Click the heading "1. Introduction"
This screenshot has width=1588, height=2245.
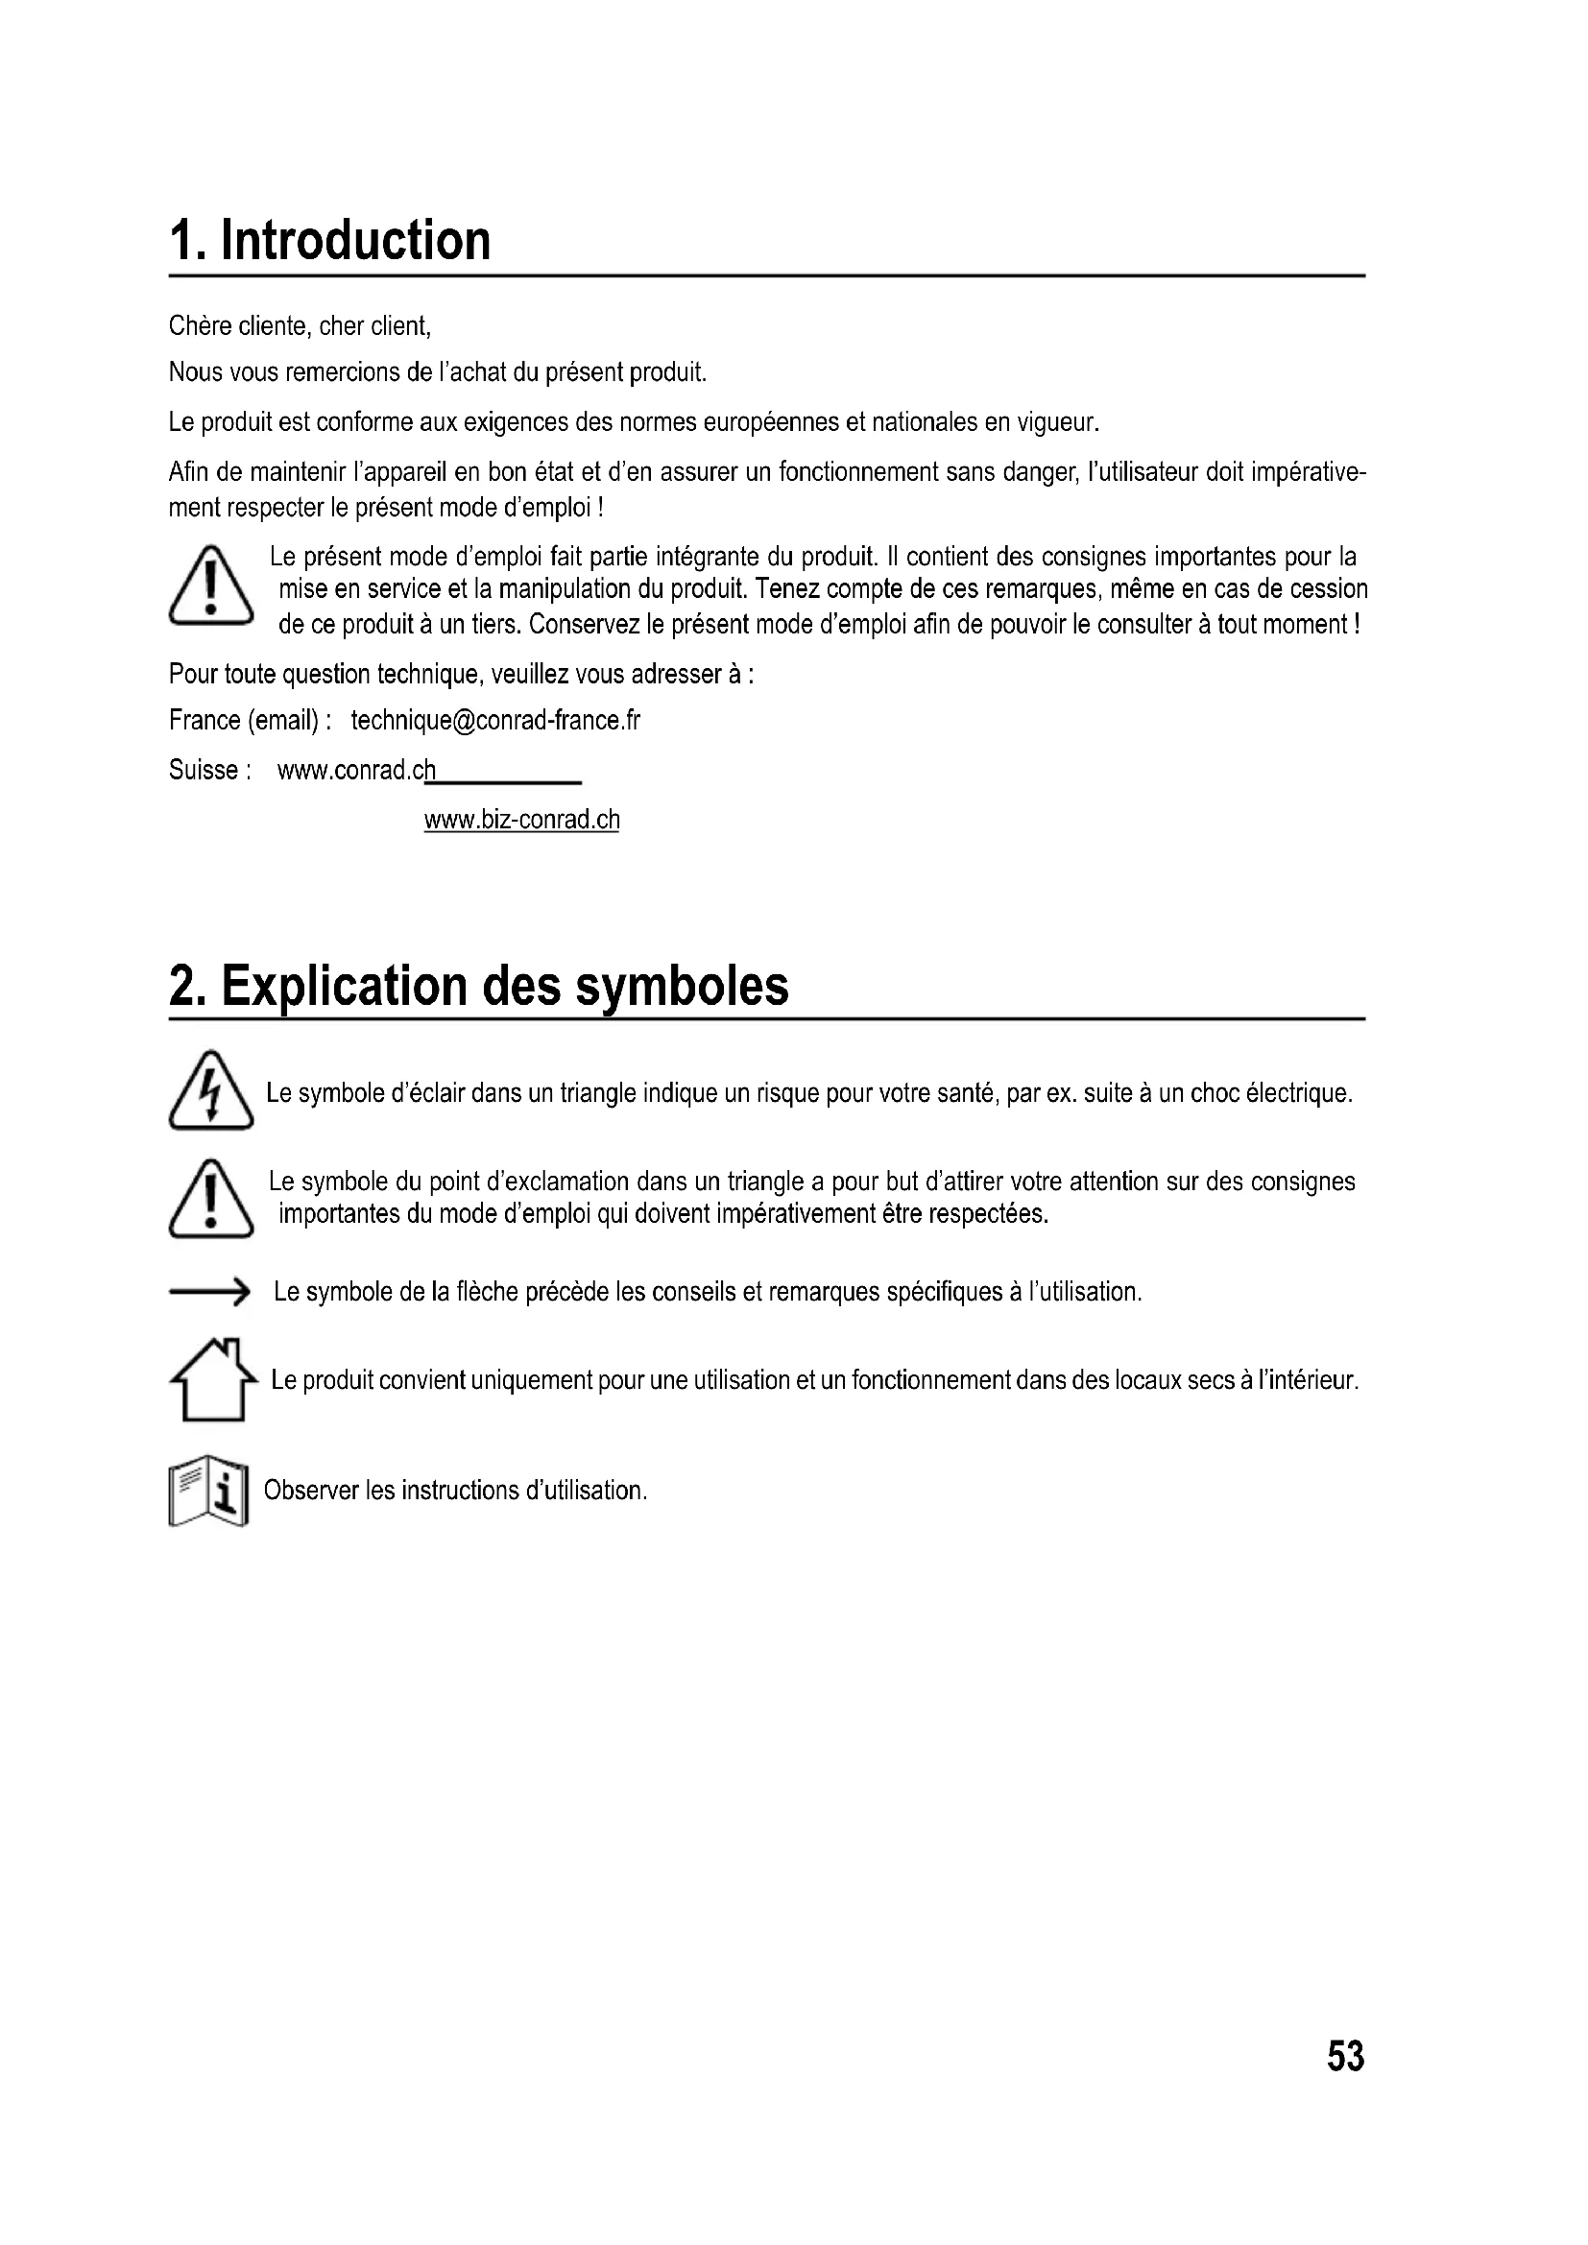tap(329, 241)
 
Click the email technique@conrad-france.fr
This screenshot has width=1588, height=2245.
tap(494, 721)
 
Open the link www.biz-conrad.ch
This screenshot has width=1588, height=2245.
tap(521, 820)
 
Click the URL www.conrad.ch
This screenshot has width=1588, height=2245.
tap(356, 771)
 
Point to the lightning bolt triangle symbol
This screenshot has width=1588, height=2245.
tap(210, 1091)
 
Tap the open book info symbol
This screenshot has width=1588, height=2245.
tap(208, 1495)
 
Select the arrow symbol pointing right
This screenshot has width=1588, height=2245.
tap(209, 1293)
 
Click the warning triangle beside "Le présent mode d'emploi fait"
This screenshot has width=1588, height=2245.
tap(210, 587)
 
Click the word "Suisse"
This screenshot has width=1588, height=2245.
tap(203, 771)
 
